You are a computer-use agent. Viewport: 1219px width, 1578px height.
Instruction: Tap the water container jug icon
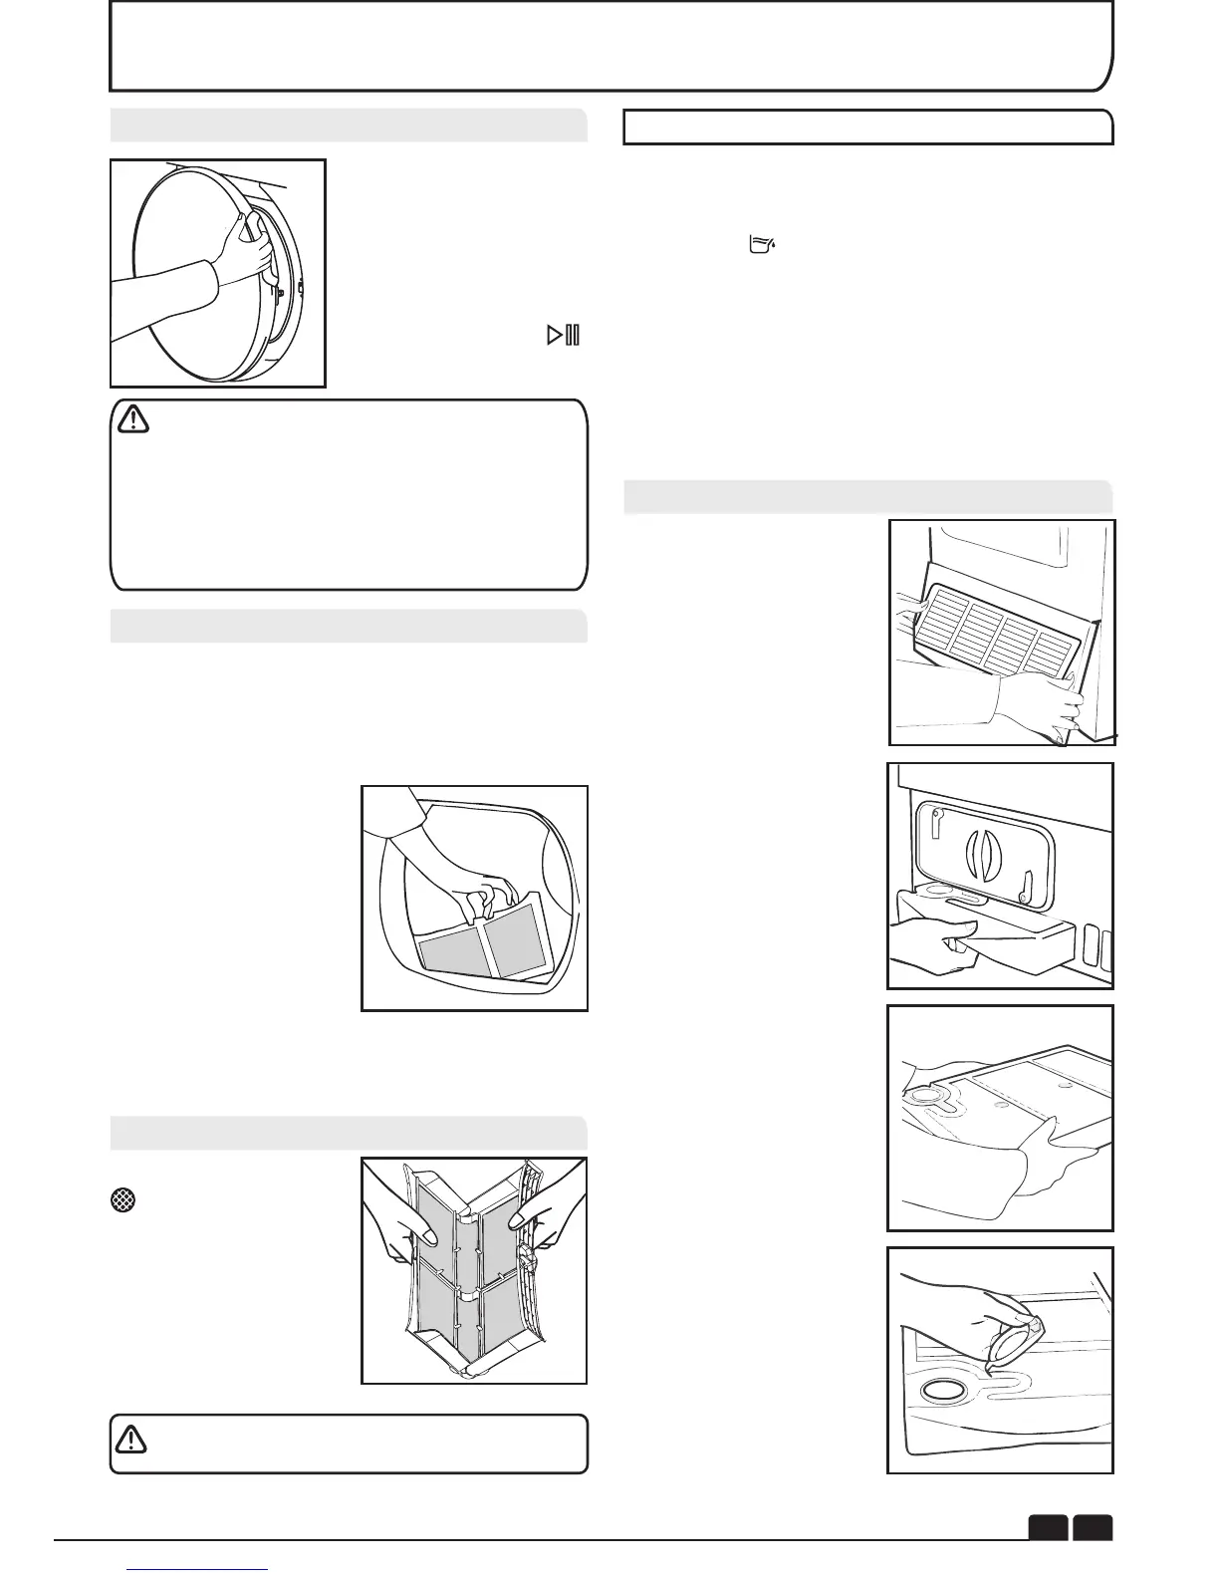point(762,245)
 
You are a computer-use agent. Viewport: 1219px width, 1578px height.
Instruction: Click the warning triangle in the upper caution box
point(132,421)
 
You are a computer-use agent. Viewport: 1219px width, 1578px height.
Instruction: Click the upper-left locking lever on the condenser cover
point(937,823)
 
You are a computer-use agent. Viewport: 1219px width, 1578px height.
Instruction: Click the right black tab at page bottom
point(1094,1527)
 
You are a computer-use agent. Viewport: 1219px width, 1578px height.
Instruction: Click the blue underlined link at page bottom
point(199,1570)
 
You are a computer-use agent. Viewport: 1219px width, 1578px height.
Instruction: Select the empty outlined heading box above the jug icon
point(867,128)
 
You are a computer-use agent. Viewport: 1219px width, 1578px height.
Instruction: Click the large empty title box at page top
point(609,46)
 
